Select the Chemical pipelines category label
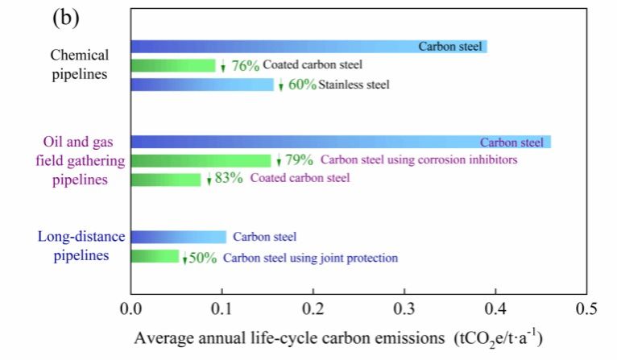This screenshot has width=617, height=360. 79,65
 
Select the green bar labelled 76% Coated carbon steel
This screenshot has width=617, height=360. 173,65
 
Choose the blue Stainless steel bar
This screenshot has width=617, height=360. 202,84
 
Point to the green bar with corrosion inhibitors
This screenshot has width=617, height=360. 201,160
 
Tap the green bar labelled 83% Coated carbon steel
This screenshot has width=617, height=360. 165,179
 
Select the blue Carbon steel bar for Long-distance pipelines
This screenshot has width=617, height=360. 178,237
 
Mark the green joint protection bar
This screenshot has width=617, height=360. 155,257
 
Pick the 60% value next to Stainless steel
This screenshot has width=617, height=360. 302,85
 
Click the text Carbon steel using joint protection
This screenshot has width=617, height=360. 310,258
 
